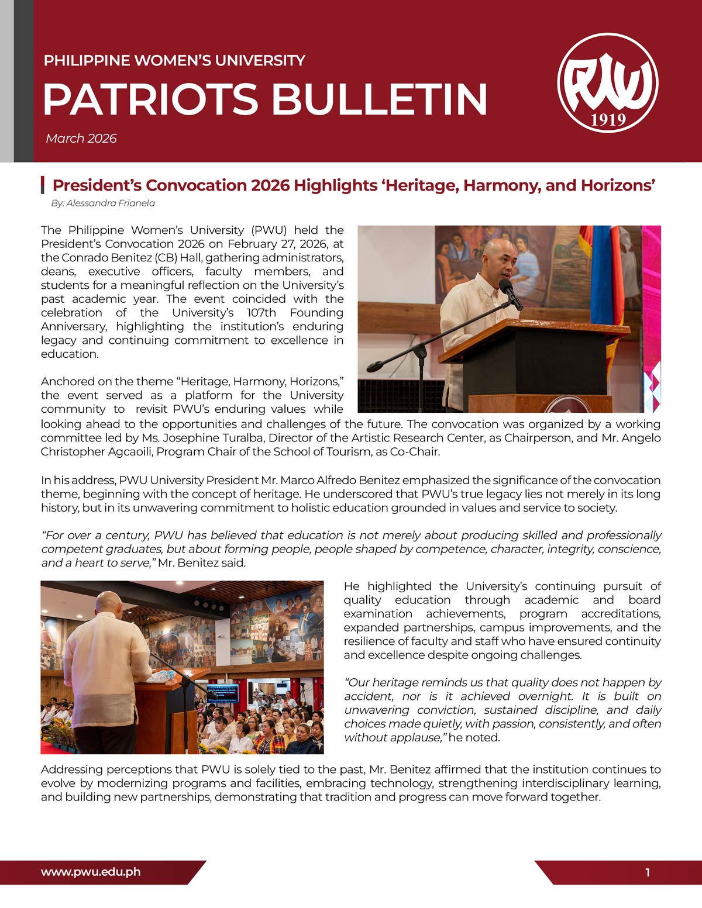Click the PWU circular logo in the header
click(608, 83)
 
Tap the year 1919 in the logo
click(608, 120)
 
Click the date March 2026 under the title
click(81, 139)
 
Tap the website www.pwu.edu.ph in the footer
click(91, 872)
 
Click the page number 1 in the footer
click(648, 873)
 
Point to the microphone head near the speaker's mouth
click(504, 285)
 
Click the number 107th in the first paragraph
click(261, 313)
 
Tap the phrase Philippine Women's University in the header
click(174, 61)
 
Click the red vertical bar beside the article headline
click(43, 185)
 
